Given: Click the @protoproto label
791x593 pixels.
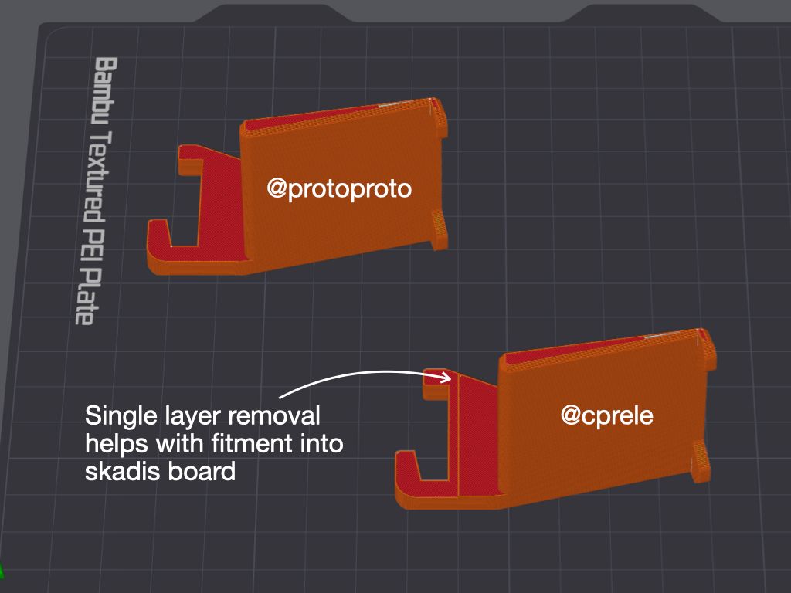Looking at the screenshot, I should [x=339, y=188].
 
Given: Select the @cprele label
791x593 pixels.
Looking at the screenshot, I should [x=606, y=415].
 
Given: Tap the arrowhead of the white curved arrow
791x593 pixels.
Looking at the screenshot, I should [x=447, y=378].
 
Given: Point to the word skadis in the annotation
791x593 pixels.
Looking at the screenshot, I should [x=119, y=471].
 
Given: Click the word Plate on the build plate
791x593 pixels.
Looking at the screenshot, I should [x=87, y=296].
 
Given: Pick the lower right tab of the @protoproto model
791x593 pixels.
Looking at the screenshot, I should [x=440, y=230].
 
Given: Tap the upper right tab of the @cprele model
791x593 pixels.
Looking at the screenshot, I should [x=707, y=347].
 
